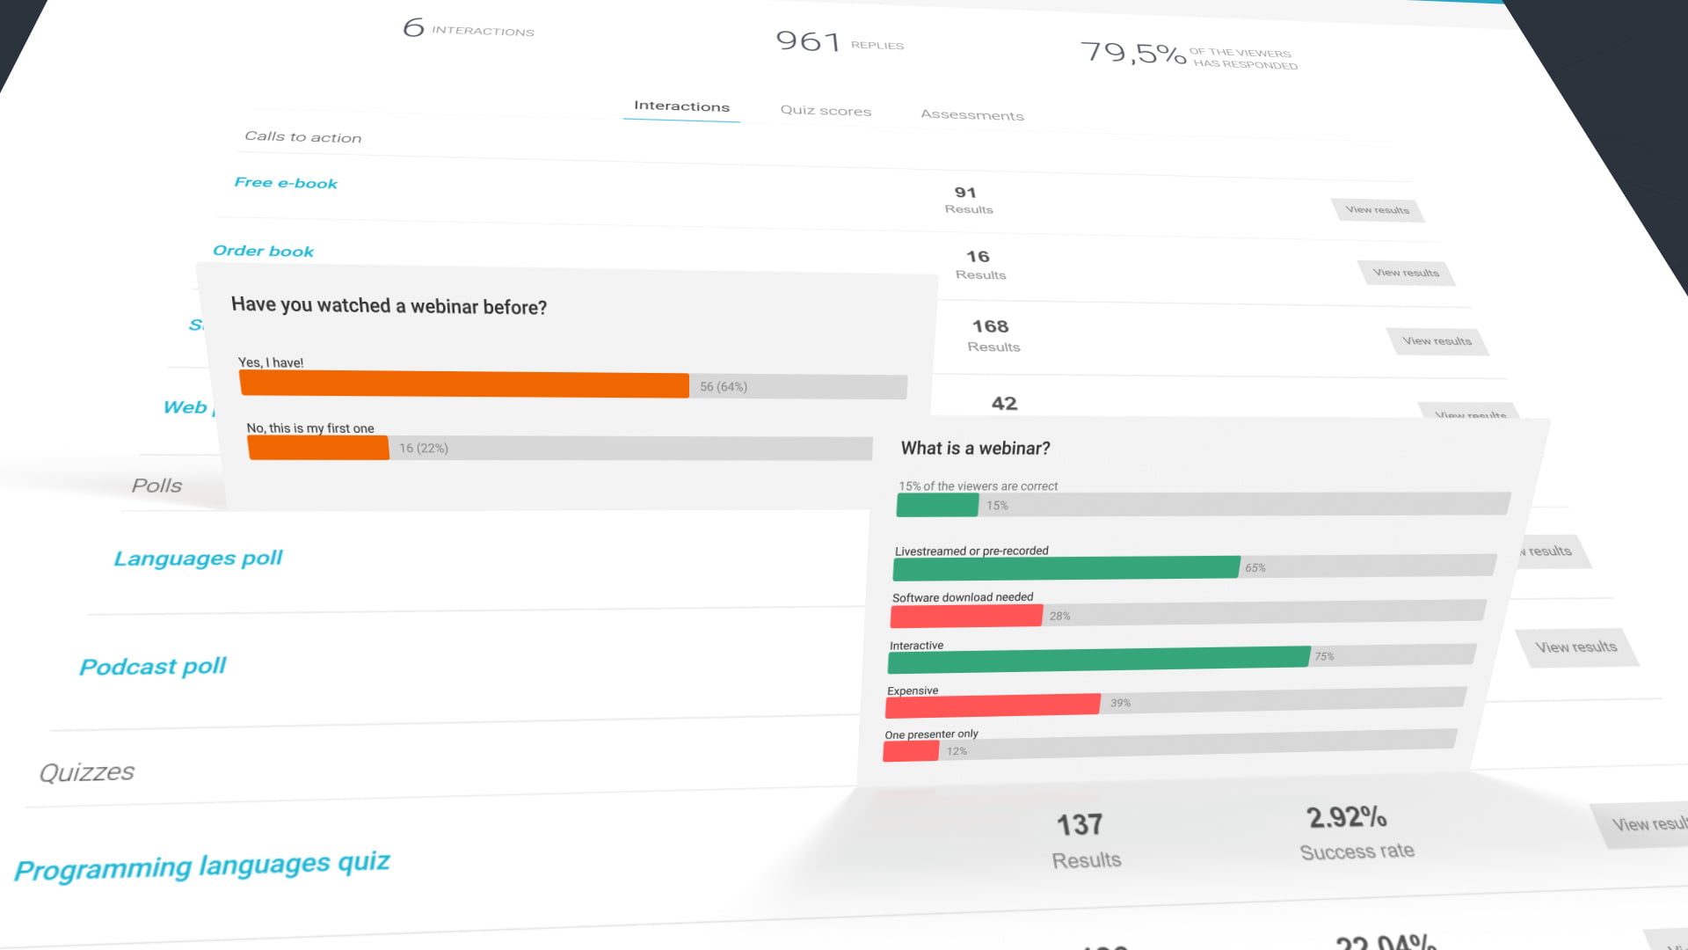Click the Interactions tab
pyautogui.click(x=681, y=106)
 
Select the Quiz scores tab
pyautogui.click(x=826, y=111)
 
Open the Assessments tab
pyautogui.click(x=971, y=114)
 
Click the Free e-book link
pyautogui.click(x=286, y=183)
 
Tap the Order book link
pyautogui.click(x=263, y=251)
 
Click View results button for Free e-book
pyautogui.click(x=1377, y=209)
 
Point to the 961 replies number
pyautogui.click(x=808, y=40)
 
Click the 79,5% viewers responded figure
pyautogui.click(x=1132, y=53)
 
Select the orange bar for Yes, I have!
pyautogui.click(x=463, y=384)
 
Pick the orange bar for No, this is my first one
pyautogui.click(x=318, y=448)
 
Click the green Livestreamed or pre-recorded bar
pyautogui.click(x=1066, y=568)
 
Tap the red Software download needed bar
pyautogui.click(x=966, y=616)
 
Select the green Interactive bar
pyautogui.click(x=1098, y=658)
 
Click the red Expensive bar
pyautogui.click(x=993, y=705)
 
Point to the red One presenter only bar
pyautogui.click(x=911, y=751)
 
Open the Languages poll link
pyautogui.click(x=198, y=559)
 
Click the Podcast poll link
pyautogui.click(x=153, y=667)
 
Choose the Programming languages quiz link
pyautogui.click(x=202, y=866)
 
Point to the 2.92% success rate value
pyautogui.click(x=1346, y=817)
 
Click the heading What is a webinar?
pyautogui.click(x=975, y=449)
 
